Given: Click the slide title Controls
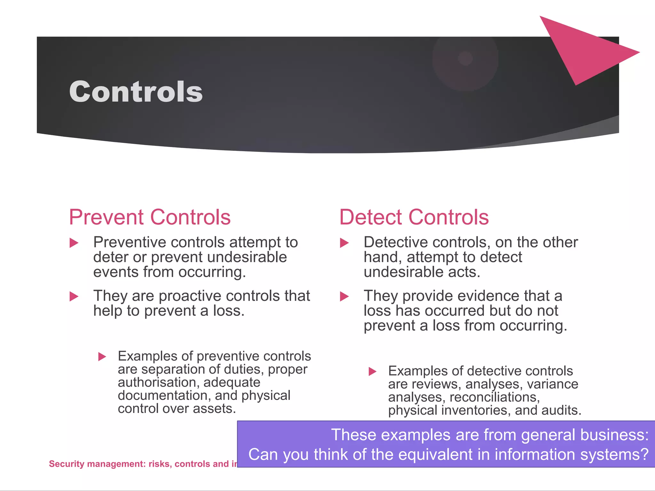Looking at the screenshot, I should [136, 92].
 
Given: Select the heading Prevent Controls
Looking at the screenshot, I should [150, 217].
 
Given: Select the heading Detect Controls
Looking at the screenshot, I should [414, 217].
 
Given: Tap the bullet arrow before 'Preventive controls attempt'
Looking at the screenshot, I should [74, 243].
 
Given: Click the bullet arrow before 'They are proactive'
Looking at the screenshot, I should [74, 296].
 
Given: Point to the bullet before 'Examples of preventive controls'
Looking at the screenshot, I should [102, 356].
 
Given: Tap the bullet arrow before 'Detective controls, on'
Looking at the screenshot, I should [344, 243].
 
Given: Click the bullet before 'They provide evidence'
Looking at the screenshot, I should [344, 296].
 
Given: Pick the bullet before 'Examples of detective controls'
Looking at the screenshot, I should [372, 371].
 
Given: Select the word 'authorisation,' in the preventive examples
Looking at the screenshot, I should [157, 382].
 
